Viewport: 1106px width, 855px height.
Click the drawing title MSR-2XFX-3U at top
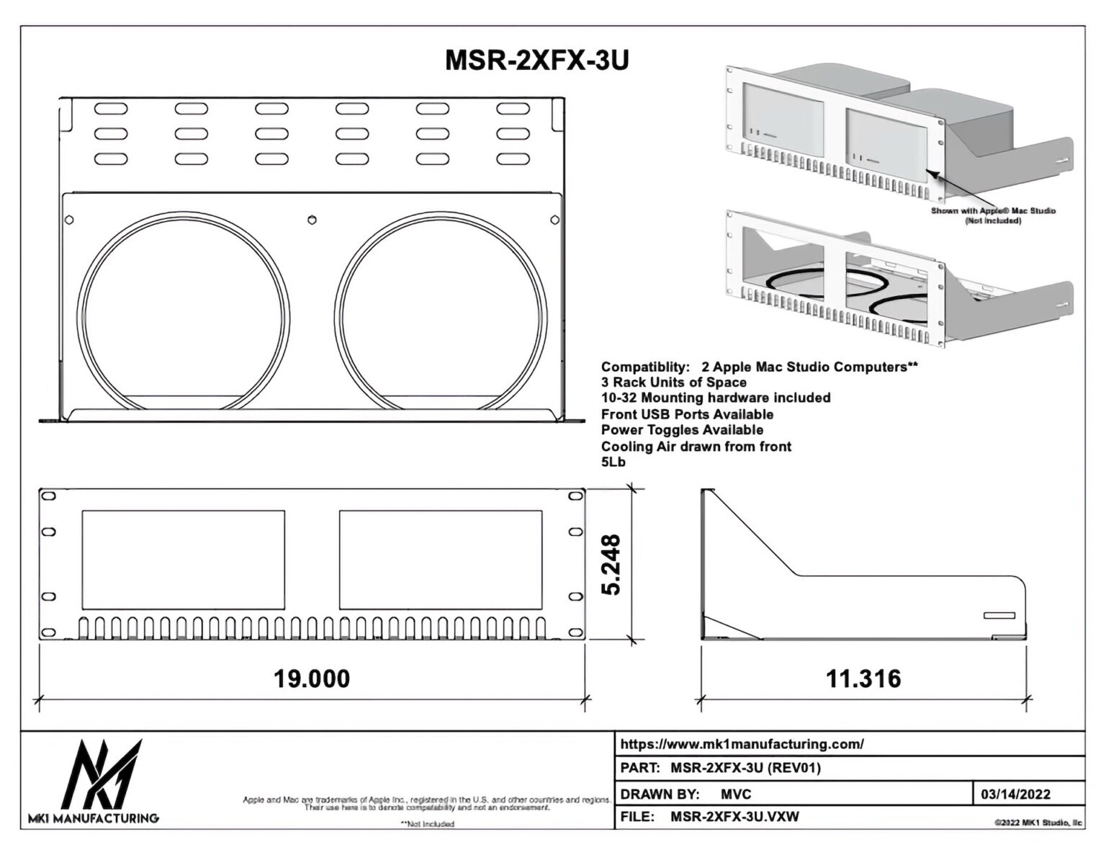pos(536,61)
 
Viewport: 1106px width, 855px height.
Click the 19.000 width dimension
pos(312,679)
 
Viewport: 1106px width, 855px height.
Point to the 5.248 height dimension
pos(611,564)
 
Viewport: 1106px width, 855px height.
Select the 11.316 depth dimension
pos(863,679)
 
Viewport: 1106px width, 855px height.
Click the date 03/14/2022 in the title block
pos(1015,794)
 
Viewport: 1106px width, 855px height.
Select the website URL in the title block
pos(742,744)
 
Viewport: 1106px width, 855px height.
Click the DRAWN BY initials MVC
pos(735,794)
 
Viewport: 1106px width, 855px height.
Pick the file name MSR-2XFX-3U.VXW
pos(734,817)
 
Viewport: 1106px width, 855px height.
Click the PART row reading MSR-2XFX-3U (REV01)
pos(745,768)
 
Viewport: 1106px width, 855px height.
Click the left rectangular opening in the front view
pos(183,560)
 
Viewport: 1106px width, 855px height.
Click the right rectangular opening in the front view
pos(441,560)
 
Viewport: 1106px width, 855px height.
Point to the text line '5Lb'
pos(613,462)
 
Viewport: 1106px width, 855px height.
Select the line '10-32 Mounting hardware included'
pos(716,398)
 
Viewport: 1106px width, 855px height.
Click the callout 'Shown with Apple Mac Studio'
pos(993,211)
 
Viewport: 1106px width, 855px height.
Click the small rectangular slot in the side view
pos(999,615)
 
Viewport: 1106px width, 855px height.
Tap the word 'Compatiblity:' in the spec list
pos(646,367)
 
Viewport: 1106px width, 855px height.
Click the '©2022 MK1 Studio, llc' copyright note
pos(1038,822)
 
